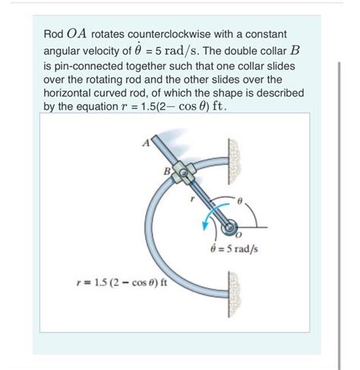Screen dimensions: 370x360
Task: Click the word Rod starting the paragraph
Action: click(x=53, y=34)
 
